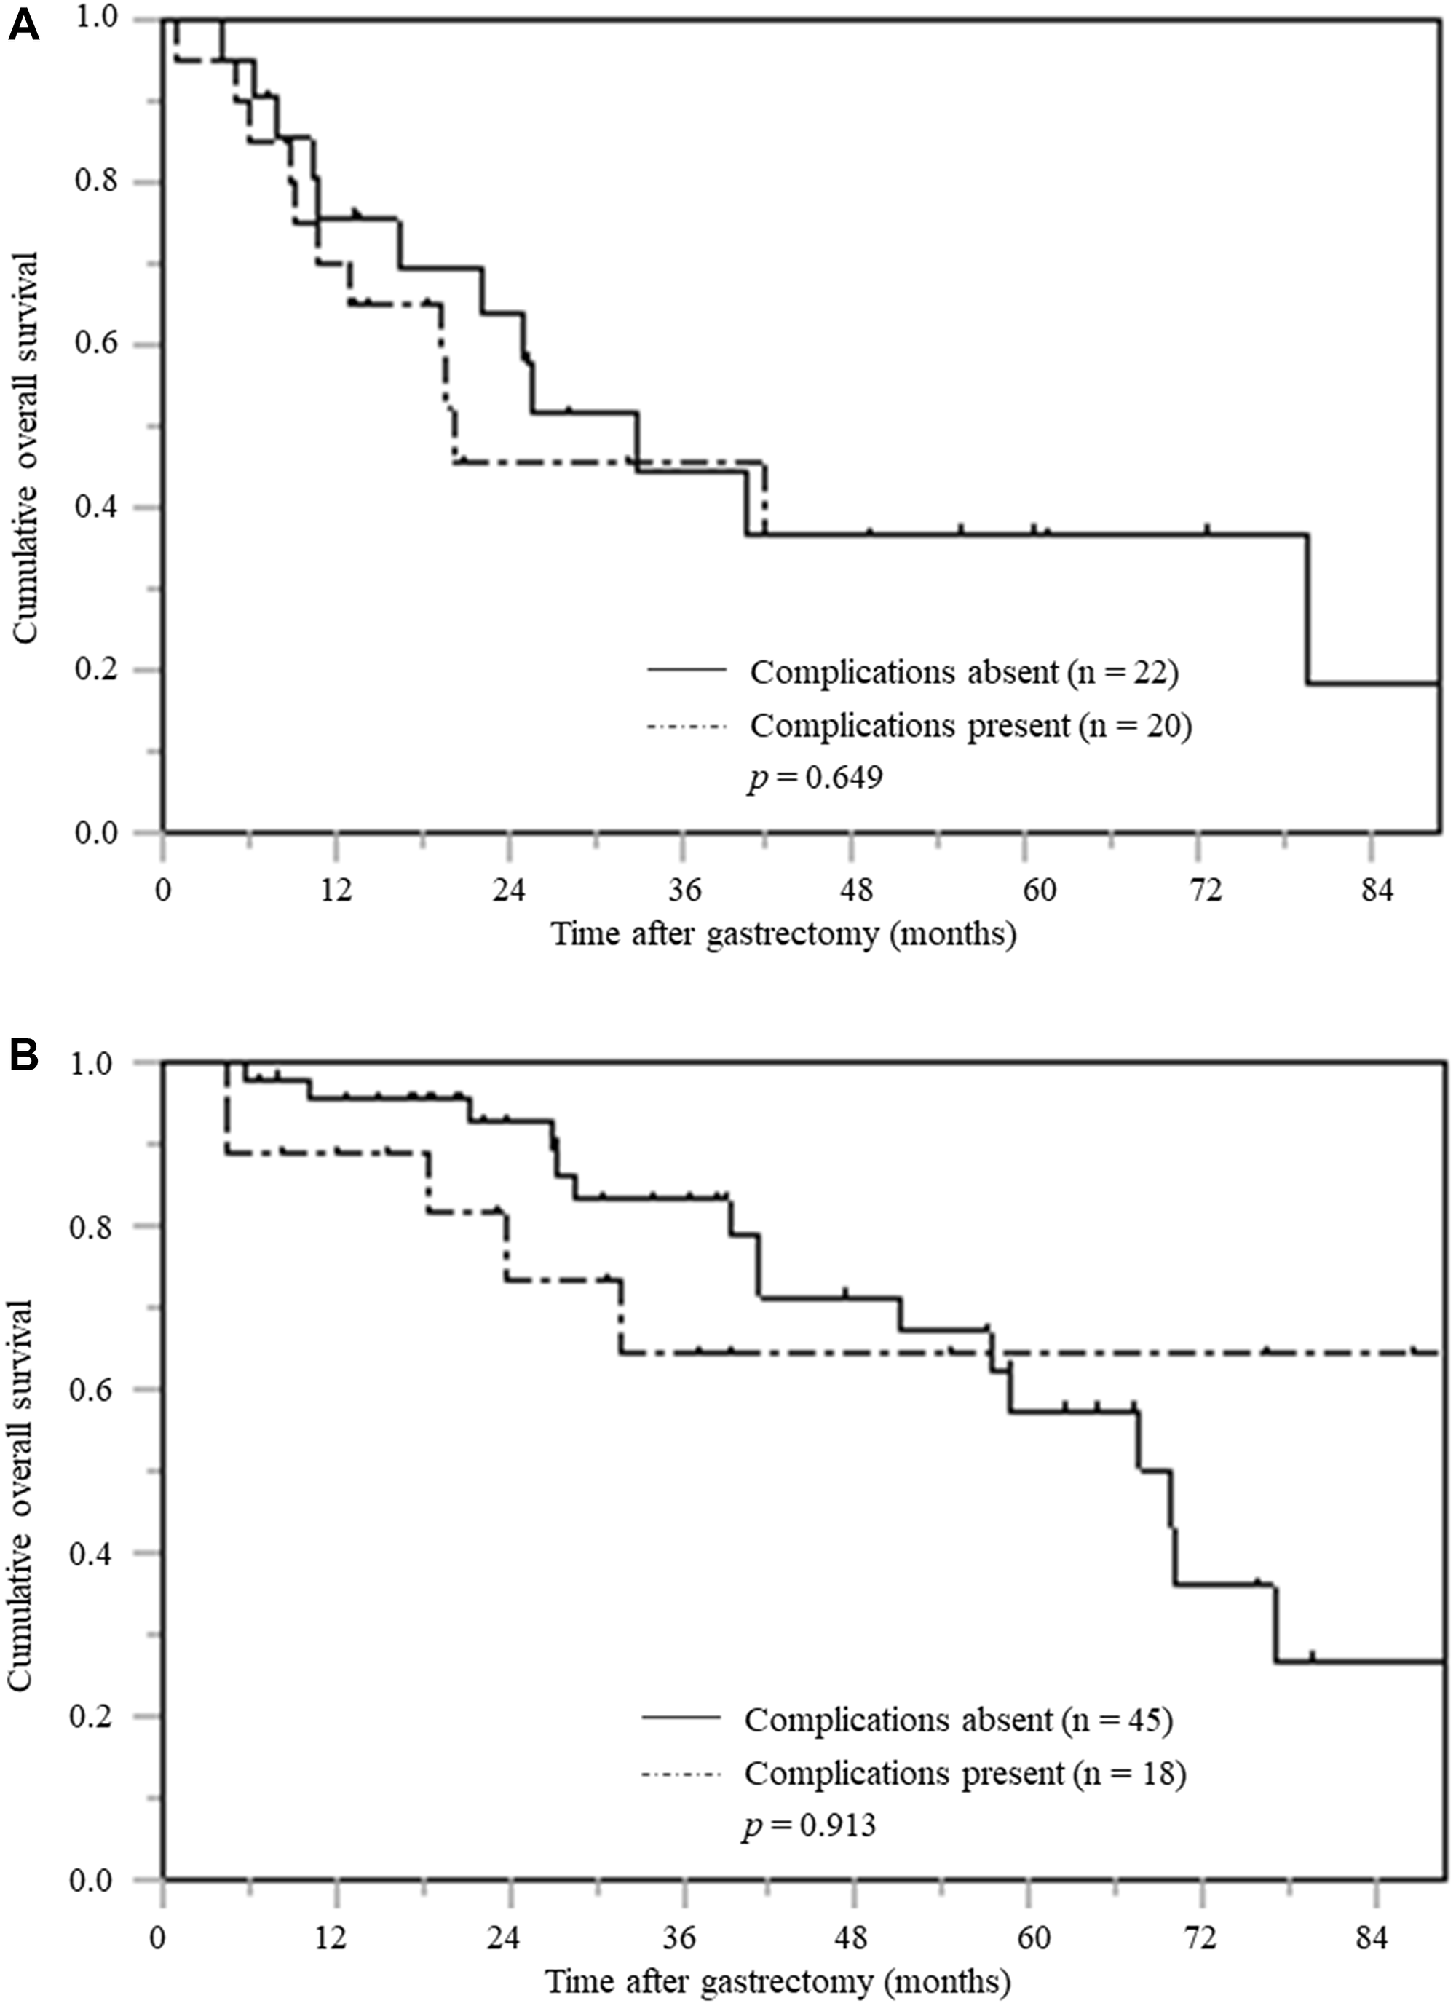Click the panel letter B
(24, 1055)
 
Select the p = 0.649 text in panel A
(815, 778)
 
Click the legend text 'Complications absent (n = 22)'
(964, 673)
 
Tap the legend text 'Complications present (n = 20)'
(971, 725)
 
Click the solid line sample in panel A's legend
(687, 670)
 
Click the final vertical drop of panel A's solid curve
(1307, 609)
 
